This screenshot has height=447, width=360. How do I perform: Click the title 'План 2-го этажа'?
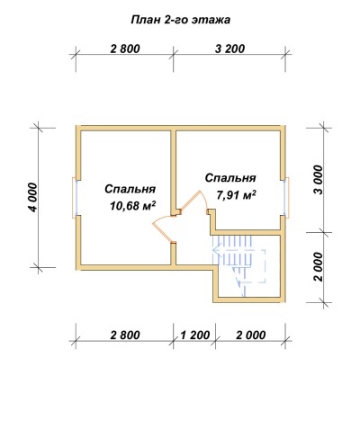click(181, 20)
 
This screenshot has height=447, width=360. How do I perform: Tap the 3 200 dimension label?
click(229, 49)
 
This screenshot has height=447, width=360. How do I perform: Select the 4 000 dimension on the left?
click(33, 197)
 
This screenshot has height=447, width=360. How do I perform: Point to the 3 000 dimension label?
click(319, 180)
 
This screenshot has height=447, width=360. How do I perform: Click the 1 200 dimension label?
click(194, 335)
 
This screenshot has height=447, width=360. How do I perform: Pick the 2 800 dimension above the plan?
click(125, 49)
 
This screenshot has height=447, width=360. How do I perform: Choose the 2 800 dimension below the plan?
click(125, 335)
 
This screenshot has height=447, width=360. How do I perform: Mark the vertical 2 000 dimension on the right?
click(319, 266)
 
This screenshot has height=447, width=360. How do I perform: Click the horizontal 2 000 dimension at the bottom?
click(251, 335)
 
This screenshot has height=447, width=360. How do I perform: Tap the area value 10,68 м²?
click(133, 206)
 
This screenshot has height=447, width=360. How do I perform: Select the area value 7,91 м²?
click(236, 195)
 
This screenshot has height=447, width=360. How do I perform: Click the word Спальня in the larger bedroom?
click(130, 189)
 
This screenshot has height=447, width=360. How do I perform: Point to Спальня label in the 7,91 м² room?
click(230, 178)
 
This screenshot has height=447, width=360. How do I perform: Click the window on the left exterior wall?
click(75, 198)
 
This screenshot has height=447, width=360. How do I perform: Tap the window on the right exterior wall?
click(287, 197)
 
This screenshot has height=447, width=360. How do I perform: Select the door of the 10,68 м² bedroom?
click(164, 228)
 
